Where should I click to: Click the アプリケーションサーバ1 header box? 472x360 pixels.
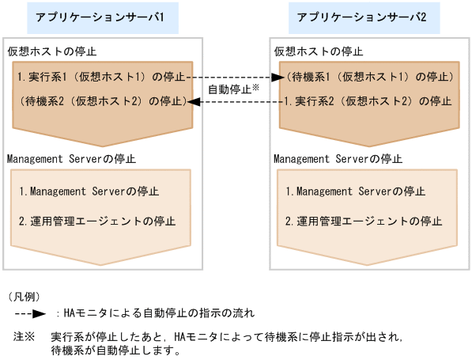tap(100, 17)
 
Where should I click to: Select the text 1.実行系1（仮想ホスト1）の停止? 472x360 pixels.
tap(101, 78)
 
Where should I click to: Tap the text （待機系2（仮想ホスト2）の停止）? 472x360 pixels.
tap(101, 102)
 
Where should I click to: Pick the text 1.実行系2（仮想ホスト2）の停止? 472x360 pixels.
tap(368, 102)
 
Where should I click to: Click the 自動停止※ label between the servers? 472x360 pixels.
tap(233, 89)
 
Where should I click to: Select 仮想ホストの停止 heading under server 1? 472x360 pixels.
tap(51, 51)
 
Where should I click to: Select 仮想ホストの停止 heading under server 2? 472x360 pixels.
tap(319, 51)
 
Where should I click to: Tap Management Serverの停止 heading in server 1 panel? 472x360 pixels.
tap(71, 158)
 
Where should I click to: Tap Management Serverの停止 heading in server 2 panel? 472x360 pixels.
tap(338, 158)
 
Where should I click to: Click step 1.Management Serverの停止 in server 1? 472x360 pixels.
tap(89, 191)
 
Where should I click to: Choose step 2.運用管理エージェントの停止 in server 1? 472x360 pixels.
tap(97, 221)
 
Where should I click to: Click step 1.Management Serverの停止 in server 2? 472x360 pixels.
tap(356, 191)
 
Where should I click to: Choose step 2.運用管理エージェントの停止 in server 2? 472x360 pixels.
tap(364, 221)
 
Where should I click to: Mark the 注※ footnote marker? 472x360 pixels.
tap(25, 336)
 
